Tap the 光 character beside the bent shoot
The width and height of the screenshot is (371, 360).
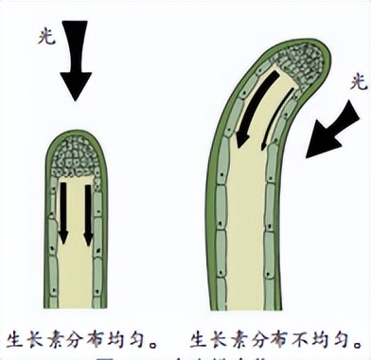click(x=357, y=83)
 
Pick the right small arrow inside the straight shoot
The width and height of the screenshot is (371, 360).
click(x=88, y=211)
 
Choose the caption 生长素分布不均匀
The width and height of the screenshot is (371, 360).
click(x=274, y=336)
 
